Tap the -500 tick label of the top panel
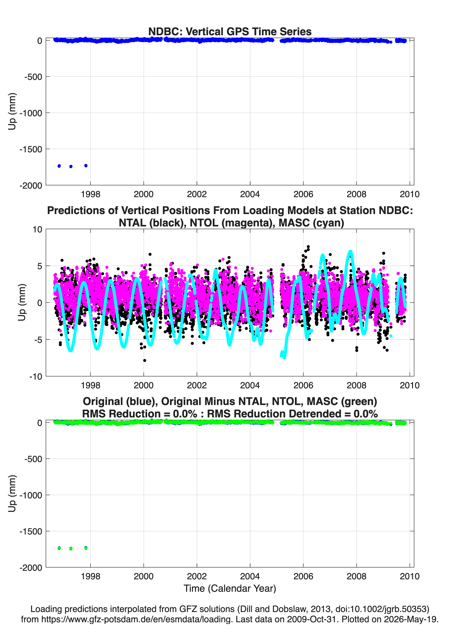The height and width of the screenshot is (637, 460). coord(33,77)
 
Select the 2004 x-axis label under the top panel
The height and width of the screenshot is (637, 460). coord(250,194)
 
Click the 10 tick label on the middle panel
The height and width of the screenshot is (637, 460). coord(37,229)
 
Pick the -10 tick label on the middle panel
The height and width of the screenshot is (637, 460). coord(36,377)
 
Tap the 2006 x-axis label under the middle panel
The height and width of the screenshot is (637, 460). coord(303,385)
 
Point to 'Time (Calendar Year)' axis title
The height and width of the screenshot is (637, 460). coord(230,589)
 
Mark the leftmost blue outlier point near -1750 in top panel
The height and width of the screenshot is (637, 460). coord(59,166)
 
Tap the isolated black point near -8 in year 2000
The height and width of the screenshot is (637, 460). coord(145,360)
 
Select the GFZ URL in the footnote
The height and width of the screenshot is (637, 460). coord(137,619)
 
